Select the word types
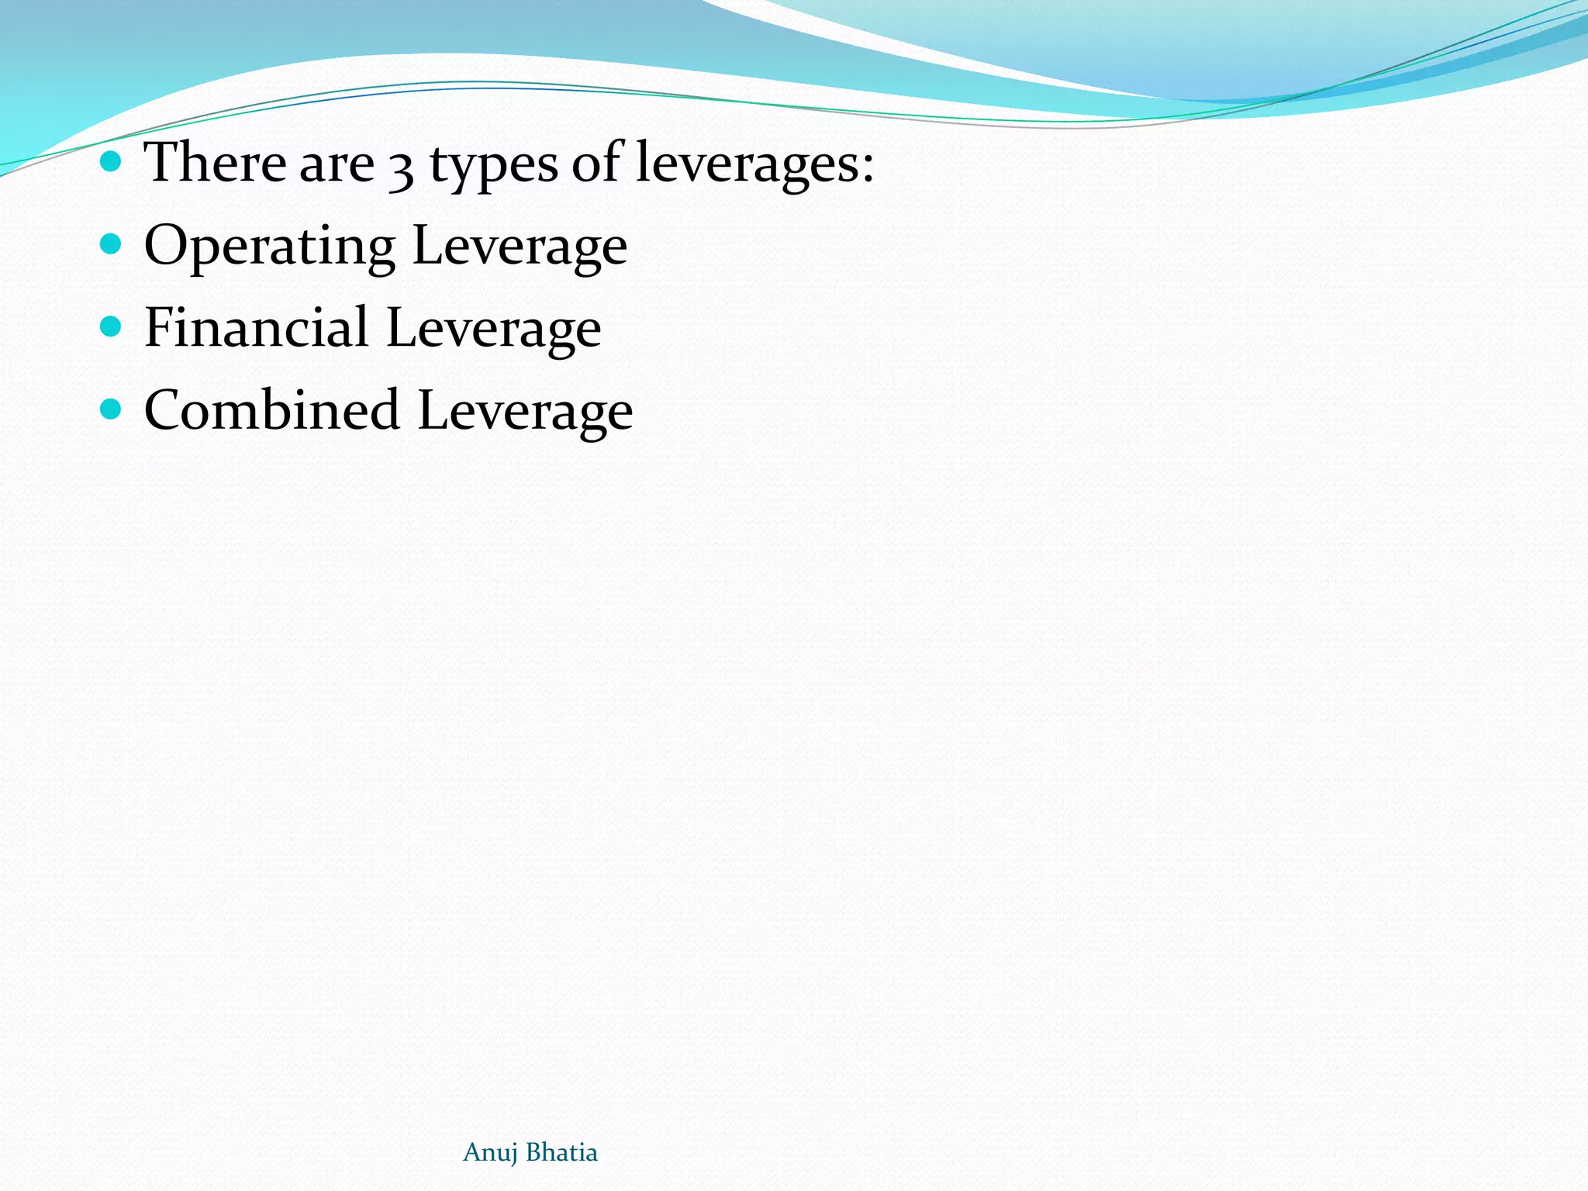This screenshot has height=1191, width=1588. point(493,166)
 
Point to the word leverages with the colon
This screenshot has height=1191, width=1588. point(754,164)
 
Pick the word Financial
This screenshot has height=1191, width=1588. point(256,327)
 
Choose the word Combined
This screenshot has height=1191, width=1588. point(271,410)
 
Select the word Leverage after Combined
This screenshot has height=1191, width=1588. point(525,412)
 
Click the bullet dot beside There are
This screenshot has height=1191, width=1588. point(111,162)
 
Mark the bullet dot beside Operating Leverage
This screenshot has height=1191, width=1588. point(111,245)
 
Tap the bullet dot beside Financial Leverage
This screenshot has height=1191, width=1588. point(111,326)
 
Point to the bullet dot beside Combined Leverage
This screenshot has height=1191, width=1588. point(111,409)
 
